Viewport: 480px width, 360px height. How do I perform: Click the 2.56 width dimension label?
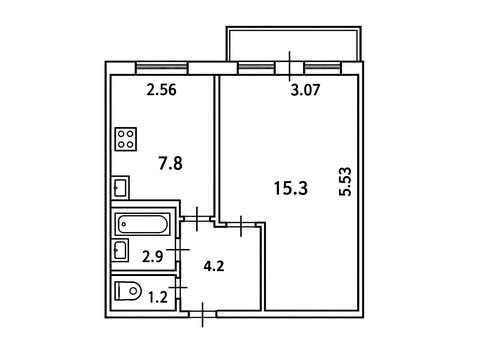[161, 90]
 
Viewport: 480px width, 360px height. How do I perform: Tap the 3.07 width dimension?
[305, 90]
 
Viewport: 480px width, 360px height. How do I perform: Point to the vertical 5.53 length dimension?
[345, 182]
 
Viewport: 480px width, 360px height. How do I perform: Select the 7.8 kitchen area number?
[170, 164]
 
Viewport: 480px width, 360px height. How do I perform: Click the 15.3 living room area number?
[291, 188]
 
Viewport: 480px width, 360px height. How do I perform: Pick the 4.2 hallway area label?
[214, 266]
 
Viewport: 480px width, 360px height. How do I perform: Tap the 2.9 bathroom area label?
[153, 257]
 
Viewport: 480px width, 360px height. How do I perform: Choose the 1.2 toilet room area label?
[158, 297]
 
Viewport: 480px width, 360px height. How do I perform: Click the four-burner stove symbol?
[126, 139]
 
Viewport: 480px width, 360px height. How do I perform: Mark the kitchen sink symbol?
[120, 187]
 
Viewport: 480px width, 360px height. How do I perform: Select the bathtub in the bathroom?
[143, 224]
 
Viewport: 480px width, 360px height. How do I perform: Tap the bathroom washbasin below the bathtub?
[120, 250]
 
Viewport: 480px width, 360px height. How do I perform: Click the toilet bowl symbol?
[128, 291]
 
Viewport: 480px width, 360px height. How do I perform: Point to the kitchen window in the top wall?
[162, 68]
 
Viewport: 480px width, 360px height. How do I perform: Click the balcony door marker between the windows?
[290, 66]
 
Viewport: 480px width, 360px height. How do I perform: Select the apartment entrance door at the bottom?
[203, 314]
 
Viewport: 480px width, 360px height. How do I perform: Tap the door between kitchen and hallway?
[197, 219]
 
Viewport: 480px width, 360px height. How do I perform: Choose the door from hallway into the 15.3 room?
[241, 226]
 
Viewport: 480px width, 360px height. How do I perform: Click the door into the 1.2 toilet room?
[178, 287]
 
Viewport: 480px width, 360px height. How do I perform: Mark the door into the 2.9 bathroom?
[178, 249]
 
